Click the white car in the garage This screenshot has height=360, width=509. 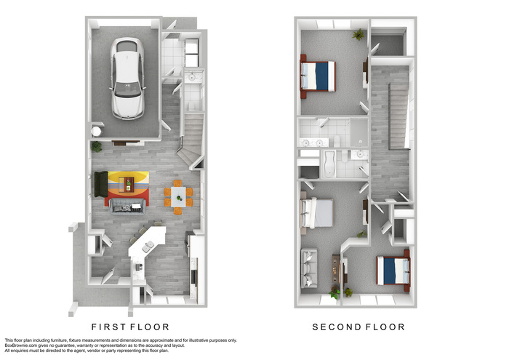tap(127, 79)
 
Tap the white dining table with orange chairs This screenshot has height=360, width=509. tap(178, 196)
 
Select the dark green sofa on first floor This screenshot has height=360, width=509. tap(101, 184)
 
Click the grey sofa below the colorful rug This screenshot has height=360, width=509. tap(127, 207)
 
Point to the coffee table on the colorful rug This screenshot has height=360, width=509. tap(127, 185)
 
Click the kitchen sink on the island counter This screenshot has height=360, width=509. tap(148, 247)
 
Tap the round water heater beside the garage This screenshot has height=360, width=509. tap(97, 132)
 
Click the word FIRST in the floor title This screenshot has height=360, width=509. tap(106, 327)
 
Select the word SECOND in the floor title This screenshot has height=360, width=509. tap(334, 327)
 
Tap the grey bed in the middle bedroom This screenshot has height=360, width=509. tap(317, 213)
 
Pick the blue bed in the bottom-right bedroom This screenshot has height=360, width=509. tap(393, 271)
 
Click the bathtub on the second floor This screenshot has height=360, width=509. tap(329, 164)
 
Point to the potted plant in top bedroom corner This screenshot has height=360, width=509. tap(358, 34)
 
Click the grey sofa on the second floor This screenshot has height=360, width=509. tap(309, 268)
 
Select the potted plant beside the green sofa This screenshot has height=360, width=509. tap(97, 146)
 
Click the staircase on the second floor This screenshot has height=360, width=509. tap(398, 116)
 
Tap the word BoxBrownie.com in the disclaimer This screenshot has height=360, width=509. tap(21, 345)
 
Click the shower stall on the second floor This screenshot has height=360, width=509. tap(359, 132)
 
